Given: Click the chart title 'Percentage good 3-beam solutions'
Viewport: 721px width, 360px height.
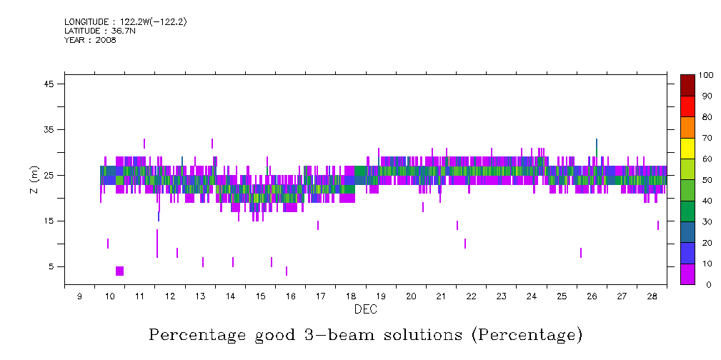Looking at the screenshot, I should click(365, 334).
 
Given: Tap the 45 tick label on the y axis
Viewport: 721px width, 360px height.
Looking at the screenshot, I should click(49, 84).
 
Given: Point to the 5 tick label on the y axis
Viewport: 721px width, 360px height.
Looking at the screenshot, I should click(51, 267).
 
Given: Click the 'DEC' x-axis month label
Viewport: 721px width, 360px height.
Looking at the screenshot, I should click(365, 310).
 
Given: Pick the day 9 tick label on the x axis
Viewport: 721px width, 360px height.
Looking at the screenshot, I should click(79, 296).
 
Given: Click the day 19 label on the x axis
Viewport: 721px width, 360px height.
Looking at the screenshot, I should click(380, 296).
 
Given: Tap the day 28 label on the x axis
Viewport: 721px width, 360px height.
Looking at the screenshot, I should click(652, 296).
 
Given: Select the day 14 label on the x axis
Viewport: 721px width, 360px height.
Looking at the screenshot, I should click(230, 296).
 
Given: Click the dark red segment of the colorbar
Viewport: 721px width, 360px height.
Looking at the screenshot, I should click(687, 85).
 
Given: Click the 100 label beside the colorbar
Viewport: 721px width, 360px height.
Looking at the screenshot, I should click(707, 75).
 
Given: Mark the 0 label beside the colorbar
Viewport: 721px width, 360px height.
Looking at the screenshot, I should click(702, 285).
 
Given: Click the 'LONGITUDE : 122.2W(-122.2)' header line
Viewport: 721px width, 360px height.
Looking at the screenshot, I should click(126, 22).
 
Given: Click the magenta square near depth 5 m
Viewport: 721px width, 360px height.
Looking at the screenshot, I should click(119, 271).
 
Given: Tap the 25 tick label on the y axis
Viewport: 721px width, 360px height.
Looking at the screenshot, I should click(49, 176).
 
